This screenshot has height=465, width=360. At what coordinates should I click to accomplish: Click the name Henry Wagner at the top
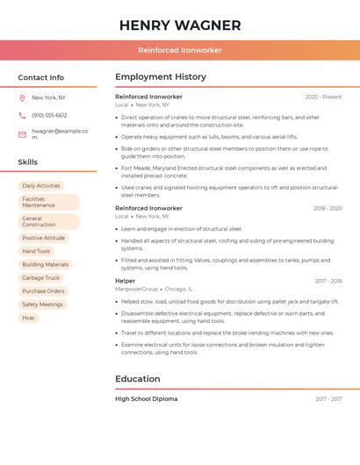180,25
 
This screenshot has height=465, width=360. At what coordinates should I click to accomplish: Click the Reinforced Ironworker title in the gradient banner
180,50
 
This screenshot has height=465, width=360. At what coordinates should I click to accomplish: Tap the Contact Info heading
41,77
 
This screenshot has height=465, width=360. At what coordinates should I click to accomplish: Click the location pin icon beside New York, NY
22,98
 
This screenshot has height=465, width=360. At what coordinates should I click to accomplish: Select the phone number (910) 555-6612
49,115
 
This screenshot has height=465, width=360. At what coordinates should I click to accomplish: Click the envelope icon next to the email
22,134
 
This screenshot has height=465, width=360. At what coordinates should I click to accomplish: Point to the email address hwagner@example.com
60,133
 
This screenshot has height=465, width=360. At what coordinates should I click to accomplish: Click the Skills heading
28,162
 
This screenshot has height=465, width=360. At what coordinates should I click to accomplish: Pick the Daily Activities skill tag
41,186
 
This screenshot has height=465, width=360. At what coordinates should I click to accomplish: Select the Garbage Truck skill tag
40,278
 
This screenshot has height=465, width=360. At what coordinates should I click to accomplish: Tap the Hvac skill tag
29,318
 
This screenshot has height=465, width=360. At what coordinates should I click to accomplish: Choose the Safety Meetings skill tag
43,304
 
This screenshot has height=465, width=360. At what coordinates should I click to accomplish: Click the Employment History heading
161,77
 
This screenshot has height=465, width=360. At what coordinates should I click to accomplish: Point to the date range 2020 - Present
323,97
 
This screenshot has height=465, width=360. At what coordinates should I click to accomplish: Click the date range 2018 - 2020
328,209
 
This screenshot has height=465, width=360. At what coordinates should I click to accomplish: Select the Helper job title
126,281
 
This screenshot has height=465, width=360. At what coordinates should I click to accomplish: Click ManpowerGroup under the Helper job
137,289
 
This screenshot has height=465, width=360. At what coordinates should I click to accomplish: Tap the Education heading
138,379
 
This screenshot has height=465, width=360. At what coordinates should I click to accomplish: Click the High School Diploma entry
147,399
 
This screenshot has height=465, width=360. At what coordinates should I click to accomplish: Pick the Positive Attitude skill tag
44,238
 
